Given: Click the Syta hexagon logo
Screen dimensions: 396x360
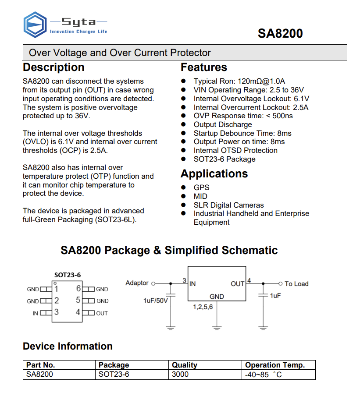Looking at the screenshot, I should pos(35,25).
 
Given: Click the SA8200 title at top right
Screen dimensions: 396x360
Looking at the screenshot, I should pos(280,34).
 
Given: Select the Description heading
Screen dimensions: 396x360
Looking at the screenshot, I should pos(53,67).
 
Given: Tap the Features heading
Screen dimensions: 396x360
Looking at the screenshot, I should pos(204,67).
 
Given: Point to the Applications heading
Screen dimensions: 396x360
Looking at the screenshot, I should pos(214,174).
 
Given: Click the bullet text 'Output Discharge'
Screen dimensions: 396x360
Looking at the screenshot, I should pos(223,124).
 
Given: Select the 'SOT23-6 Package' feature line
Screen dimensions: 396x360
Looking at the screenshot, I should pos(225,159).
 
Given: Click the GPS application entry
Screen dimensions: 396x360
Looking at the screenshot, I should pos(202,187).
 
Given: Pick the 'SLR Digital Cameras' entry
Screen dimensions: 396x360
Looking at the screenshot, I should pos(229,205).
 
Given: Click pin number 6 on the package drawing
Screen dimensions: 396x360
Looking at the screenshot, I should pos(78,289).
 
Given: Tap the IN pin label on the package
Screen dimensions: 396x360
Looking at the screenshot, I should pos(35,313).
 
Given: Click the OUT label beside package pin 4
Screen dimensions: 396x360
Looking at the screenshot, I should pos(102,313).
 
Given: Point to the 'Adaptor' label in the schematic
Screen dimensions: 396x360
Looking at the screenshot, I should pos(137,283).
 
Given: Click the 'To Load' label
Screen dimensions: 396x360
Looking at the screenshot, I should pos(296,284).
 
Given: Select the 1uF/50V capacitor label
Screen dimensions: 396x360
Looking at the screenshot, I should pos(156,301).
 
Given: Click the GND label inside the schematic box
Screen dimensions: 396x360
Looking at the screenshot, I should pos(217,297).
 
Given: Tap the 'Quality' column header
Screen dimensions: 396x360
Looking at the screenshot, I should pos(185,365).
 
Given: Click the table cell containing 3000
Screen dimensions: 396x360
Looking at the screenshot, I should pos(180,374).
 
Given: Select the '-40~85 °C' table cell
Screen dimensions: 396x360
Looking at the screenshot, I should pos(263,375).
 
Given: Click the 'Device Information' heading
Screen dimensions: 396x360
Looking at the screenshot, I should pos(68,346).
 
